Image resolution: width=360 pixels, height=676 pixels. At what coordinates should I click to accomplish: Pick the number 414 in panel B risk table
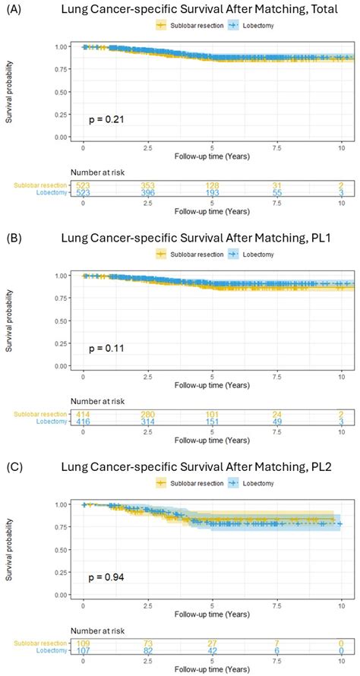click(x=83, y=413)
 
